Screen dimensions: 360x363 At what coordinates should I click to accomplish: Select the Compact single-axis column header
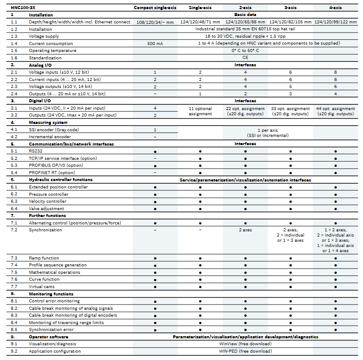point(155,8)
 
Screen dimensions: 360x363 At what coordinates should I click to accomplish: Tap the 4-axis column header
point(335,8)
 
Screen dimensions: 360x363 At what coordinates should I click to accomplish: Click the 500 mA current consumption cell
point(155,43)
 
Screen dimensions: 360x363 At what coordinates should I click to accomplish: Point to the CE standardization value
point(245,58)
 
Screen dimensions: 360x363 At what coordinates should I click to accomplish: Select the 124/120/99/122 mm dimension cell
point(335,22)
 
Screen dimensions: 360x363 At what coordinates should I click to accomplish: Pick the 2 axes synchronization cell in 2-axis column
point(245,230)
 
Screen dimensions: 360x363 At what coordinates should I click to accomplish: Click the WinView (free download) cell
point(245,344)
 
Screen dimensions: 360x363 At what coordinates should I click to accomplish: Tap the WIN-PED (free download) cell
point(245,351)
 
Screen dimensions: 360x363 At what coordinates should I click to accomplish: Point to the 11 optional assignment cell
point(200,111)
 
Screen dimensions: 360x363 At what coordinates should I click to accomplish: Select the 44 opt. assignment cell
point(335,111)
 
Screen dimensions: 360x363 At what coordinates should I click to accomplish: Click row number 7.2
point(14,230)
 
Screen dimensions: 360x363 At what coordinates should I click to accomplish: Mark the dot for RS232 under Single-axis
point(200,151)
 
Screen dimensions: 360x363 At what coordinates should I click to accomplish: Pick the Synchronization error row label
point(51,330)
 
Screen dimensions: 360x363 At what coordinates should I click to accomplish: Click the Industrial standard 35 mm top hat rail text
point(245,29)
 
